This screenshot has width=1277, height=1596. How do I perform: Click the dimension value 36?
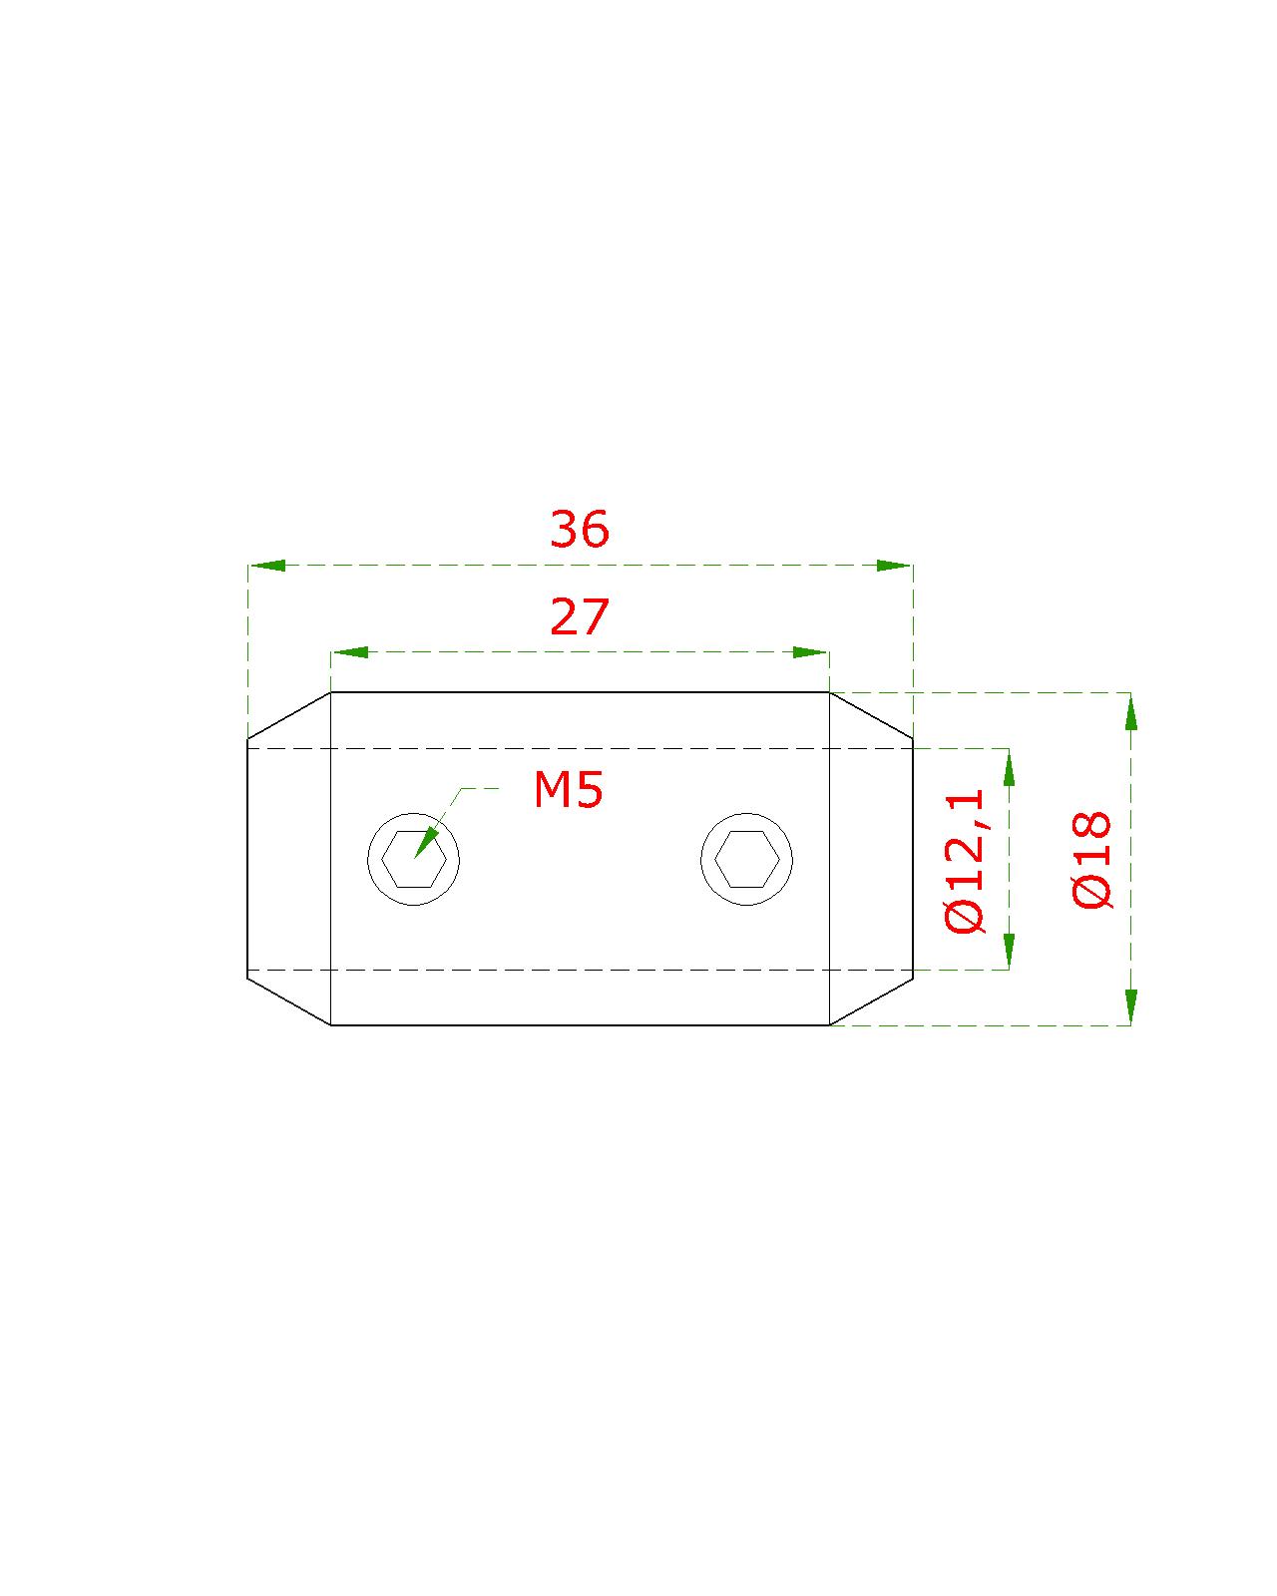coord(579,530)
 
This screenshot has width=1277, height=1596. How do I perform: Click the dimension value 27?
coord(579,616)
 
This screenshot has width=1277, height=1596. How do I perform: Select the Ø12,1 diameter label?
coord(964,860)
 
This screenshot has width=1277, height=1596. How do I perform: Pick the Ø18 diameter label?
coord(1091,860)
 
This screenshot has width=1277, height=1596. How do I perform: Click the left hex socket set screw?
coord(413,860)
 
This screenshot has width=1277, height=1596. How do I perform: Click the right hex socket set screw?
coord(746,860)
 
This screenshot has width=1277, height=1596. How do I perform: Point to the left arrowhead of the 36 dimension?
coord(267,566)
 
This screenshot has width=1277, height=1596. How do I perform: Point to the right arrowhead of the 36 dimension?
coord(893,566)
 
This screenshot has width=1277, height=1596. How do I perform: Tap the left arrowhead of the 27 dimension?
coord(350,652)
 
